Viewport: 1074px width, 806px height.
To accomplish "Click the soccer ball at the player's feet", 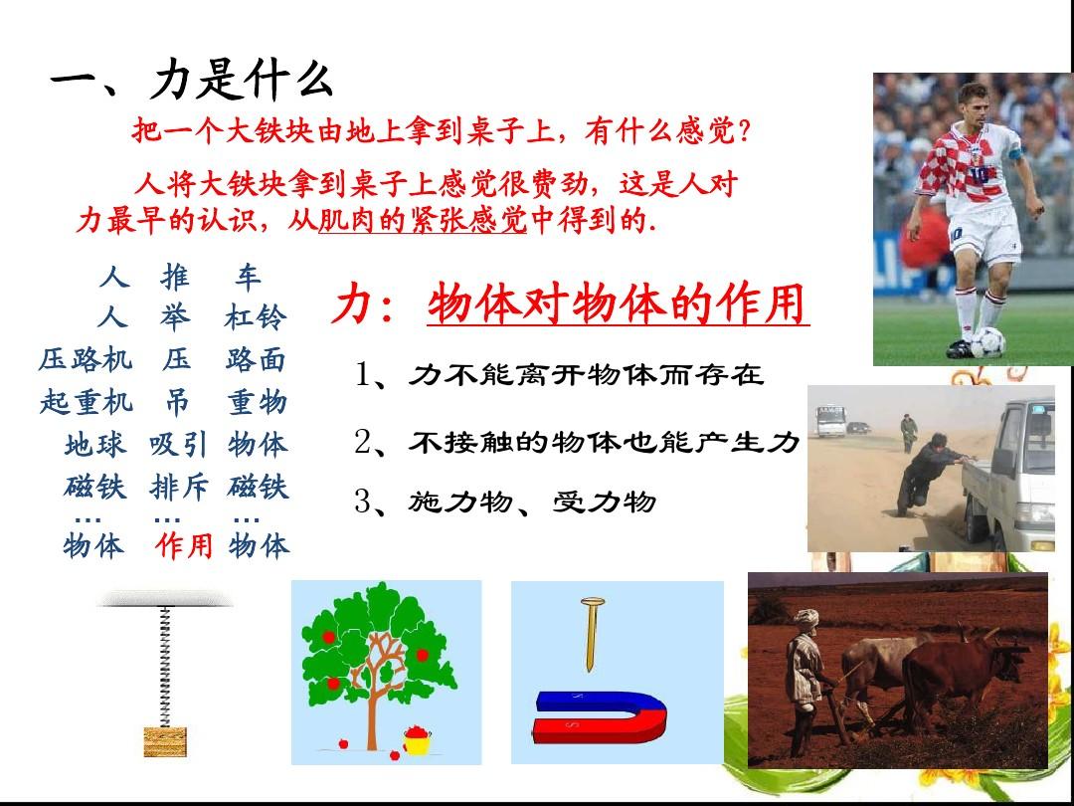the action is tap(987, 342).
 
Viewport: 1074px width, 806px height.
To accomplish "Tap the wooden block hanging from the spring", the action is tap(165, 741).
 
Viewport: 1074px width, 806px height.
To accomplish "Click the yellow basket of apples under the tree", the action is tap(417, 739).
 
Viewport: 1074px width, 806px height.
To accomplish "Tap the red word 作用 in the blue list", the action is tap(183, 546).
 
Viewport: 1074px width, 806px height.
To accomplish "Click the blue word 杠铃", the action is tap(256, 318).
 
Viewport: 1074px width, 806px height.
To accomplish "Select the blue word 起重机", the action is tap(87, 402).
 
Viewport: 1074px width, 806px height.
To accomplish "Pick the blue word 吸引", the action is tap(178, 444).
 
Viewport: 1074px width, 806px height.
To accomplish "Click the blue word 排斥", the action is tap(179, 487).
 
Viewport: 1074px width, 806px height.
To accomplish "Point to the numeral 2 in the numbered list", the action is tap(362, 442).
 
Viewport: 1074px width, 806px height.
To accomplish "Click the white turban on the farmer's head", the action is tap(806, 617).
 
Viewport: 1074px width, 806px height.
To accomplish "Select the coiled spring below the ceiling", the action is tap(164, 666).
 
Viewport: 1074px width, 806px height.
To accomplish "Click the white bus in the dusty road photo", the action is tap(830, 421).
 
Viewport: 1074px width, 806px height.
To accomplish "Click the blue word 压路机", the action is tap(86, 360).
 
